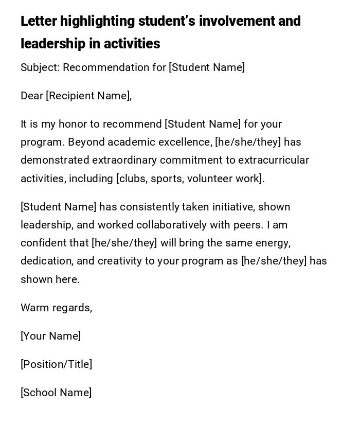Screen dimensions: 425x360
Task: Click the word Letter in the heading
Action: tap(39, 22)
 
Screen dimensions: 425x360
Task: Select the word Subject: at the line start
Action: tap(40, 67)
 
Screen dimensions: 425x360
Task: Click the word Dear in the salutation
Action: tap(31, 96)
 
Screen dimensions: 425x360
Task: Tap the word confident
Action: tap(43, 243)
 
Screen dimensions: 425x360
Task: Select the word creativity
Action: tap(119, 261)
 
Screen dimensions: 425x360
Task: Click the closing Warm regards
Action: tap(56, 308)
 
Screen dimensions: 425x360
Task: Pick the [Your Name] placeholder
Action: tap(51, 336)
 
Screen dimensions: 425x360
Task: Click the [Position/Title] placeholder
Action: tap(57, 364)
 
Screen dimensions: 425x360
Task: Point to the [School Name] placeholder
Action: tap(56, 393)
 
